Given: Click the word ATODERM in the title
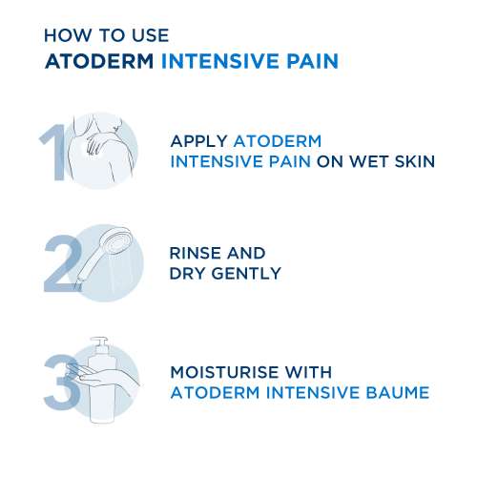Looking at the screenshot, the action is (99, 61).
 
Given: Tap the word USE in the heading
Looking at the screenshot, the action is (151, 35).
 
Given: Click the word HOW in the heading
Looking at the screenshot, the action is (68, 35).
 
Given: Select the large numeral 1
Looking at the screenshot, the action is (53, 153).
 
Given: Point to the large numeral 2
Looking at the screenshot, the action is (62, 262).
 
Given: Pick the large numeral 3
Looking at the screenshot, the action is (61, 383).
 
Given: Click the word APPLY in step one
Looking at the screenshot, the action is (198, 141).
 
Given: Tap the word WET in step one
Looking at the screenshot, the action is (369, 161).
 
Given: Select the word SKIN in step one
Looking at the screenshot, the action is (415, 161).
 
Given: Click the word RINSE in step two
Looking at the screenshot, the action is (195, 253).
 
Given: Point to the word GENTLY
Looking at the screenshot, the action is (246, 274).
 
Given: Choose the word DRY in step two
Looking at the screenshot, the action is (188, 274).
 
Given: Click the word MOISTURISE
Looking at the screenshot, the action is (224, 372).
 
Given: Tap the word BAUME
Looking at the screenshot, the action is (398, 392).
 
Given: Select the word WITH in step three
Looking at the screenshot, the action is (308, 372).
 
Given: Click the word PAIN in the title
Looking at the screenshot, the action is (312, 61).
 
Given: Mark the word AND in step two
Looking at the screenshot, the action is (246, 253).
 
